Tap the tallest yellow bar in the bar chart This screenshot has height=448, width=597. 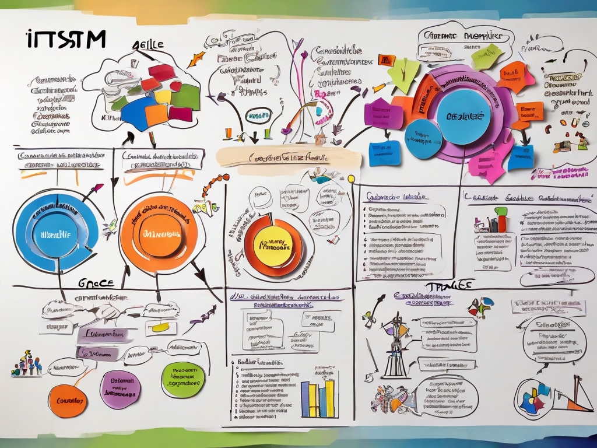330,398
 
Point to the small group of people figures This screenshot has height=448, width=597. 26,364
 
